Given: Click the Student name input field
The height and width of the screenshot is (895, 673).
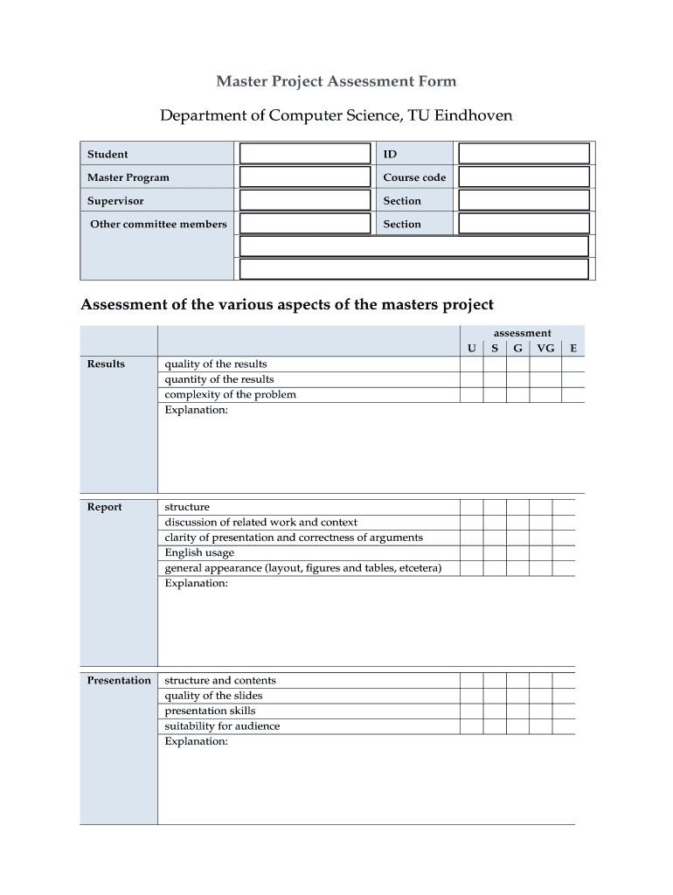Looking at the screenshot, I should (305, 154).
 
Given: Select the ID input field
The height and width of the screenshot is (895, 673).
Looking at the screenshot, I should (524, 154).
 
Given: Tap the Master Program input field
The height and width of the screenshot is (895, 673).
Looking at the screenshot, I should (305, 177).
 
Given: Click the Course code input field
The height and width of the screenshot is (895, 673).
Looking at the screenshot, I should (524, 177).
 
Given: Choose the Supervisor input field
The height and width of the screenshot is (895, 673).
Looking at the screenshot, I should (305, 201).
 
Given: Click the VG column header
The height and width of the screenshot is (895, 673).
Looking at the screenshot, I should (545, 348).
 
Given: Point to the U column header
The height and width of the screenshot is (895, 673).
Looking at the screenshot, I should (472, 348).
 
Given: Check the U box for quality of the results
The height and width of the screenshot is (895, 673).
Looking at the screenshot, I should (472, 364).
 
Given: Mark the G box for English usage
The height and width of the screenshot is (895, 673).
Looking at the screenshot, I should (518, 553).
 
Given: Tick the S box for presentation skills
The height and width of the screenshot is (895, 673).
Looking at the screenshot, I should (495, 711).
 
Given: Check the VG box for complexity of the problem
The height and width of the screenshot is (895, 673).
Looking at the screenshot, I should (545, 395).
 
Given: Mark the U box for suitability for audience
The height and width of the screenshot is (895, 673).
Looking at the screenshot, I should (472, 726).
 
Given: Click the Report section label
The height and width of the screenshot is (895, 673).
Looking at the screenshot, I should (105, 507).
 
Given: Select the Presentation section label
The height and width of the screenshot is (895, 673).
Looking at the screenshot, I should (119, 680).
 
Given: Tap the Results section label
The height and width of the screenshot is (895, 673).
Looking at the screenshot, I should (106, 364).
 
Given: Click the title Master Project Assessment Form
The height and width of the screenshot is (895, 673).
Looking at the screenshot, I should (336, 81).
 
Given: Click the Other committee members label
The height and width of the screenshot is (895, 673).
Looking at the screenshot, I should (158, 225).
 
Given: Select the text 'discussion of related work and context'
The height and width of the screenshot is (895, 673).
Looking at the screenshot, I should (260, 523).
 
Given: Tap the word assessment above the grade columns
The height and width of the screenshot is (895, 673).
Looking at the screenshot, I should (523, 333).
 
